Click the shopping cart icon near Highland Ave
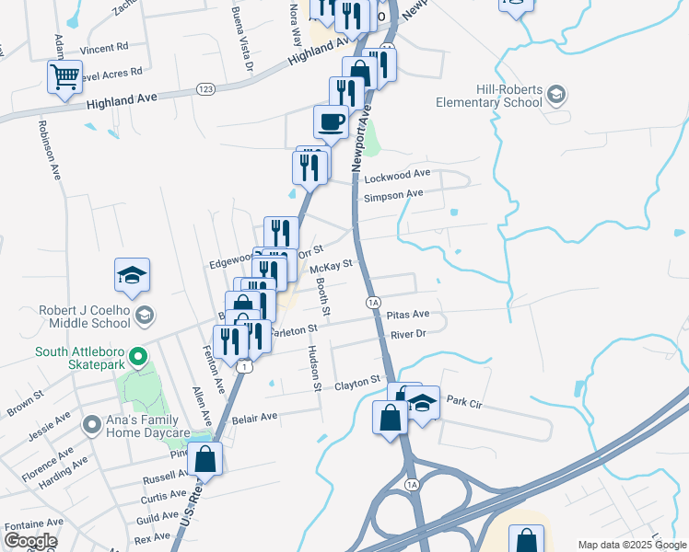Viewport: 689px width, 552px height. [64, 77]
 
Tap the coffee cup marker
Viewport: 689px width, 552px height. [331, 121]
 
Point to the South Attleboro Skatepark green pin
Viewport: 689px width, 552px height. [137, 356]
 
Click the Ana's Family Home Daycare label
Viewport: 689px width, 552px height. [90, 425]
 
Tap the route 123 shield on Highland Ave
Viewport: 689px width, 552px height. [204, 88]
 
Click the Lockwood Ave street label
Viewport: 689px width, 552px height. [397, 174]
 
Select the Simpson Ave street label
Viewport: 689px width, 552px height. [393, 194]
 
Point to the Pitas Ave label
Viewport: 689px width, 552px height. [408, 315]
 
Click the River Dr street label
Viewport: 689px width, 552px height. [409, 334]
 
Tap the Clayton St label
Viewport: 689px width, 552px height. [357, 381]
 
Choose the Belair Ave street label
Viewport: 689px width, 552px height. [254, 417]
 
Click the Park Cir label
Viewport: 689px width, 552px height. [464, 402]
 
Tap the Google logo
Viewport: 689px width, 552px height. [29, 541]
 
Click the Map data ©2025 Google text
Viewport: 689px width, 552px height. [631, 545]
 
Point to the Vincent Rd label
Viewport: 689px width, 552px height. [103, 48]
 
